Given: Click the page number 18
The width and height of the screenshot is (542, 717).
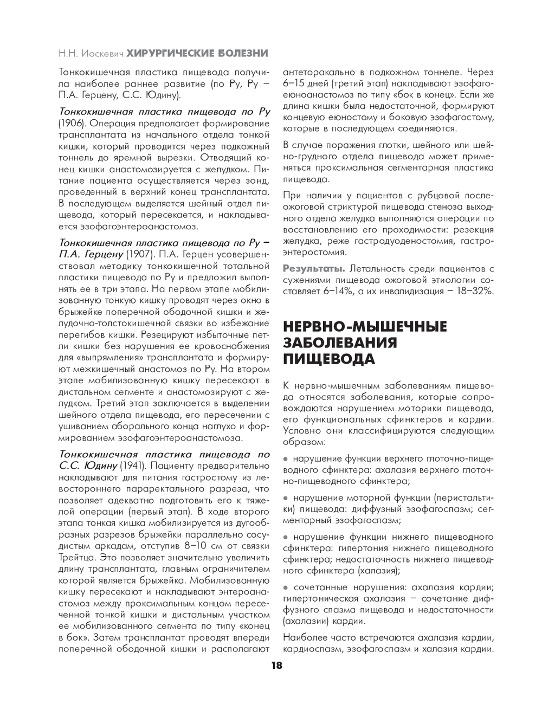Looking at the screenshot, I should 276,667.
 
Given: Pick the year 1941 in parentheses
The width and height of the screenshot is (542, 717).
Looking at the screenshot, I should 132,466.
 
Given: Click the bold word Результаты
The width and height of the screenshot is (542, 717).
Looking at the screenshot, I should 314,268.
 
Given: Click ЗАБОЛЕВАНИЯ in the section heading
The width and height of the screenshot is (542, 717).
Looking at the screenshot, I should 340,343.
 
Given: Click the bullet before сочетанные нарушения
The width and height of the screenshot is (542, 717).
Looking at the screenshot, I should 286,587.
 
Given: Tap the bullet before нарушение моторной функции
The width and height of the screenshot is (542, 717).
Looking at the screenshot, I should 286,498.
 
